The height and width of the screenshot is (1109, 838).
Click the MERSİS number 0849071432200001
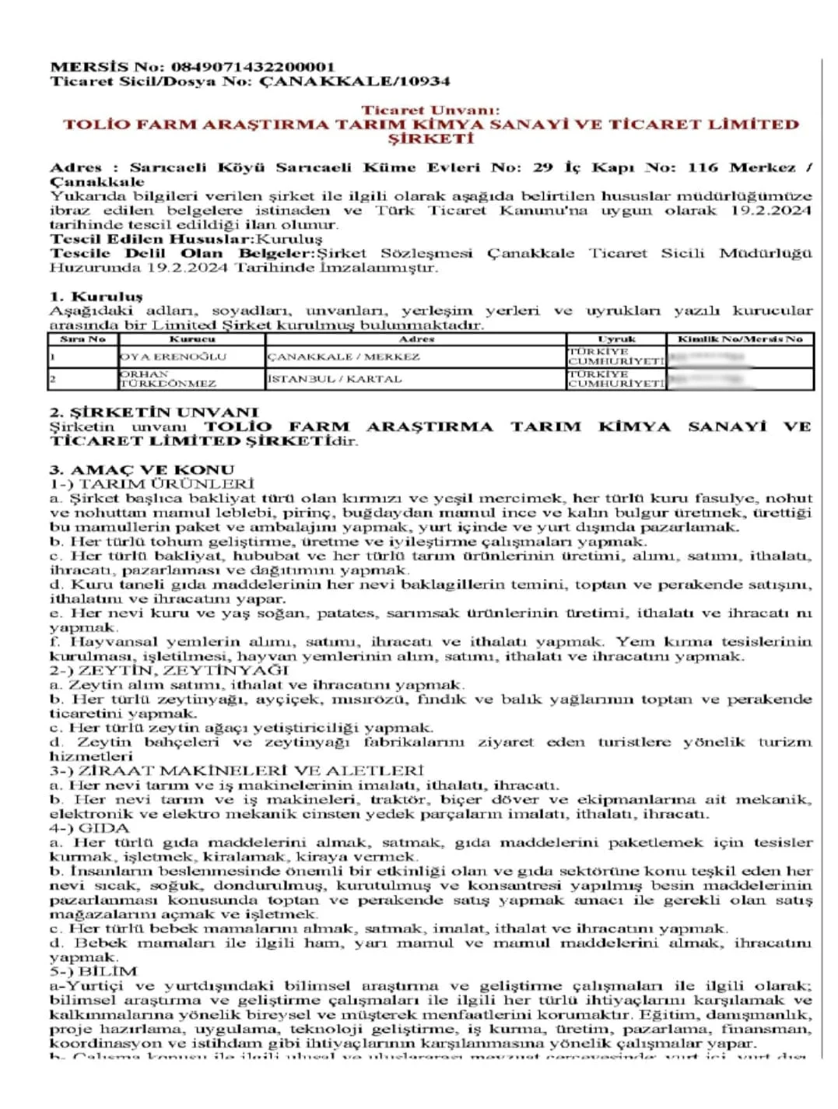tap(253, 67)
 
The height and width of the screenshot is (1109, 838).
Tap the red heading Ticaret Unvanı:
tap(430, 111)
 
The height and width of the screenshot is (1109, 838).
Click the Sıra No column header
tap(82, 339)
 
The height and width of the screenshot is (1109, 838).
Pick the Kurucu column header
tap(191, 339)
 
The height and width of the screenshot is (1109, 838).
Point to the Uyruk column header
tap(615, 339)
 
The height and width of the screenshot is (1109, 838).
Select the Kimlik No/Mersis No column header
tap(739, 339)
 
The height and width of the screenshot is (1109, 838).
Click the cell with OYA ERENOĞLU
tap(173, 356)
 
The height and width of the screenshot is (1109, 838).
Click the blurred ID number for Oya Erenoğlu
tap(708, 357)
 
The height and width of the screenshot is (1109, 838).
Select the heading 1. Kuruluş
tap(96, 297)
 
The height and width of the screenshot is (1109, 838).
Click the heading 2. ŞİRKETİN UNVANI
tap(153, 412)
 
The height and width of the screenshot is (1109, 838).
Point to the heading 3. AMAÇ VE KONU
tap(142, 469)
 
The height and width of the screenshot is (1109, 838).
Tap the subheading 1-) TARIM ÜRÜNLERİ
tap(152, 483)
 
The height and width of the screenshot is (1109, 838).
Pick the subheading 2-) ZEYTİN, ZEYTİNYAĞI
tap(169, 670)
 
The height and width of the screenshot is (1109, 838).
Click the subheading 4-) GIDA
tap(89, 828)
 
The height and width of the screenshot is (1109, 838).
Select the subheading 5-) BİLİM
tap(93, 971)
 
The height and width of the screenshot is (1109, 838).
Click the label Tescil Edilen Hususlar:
tap(153, 239)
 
